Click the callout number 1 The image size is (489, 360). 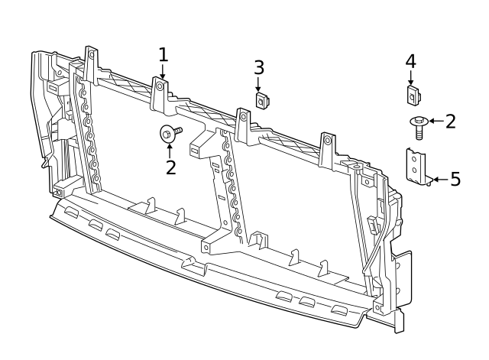(x=163, y=55)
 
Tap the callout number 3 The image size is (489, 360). (x=259, y=68)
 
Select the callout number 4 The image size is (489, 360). (x=410, y=60)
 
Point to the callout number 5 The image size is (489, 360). (x=455, y=180)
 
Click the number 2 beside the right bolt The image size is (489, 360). (x=450, y=121)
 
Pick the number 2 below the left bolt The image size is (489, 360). (x=170, y=167)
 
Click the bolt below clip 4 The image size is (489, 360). (x=419, y=125)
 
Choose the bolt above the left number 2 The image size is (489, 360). (x=170, y=133)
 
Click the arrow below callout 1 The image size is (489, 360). (x=163, y=72)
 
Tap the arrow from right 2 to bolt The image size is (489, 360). (x=435, y=121)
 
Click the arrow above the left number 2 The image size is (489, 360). (x=170, y=148)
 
